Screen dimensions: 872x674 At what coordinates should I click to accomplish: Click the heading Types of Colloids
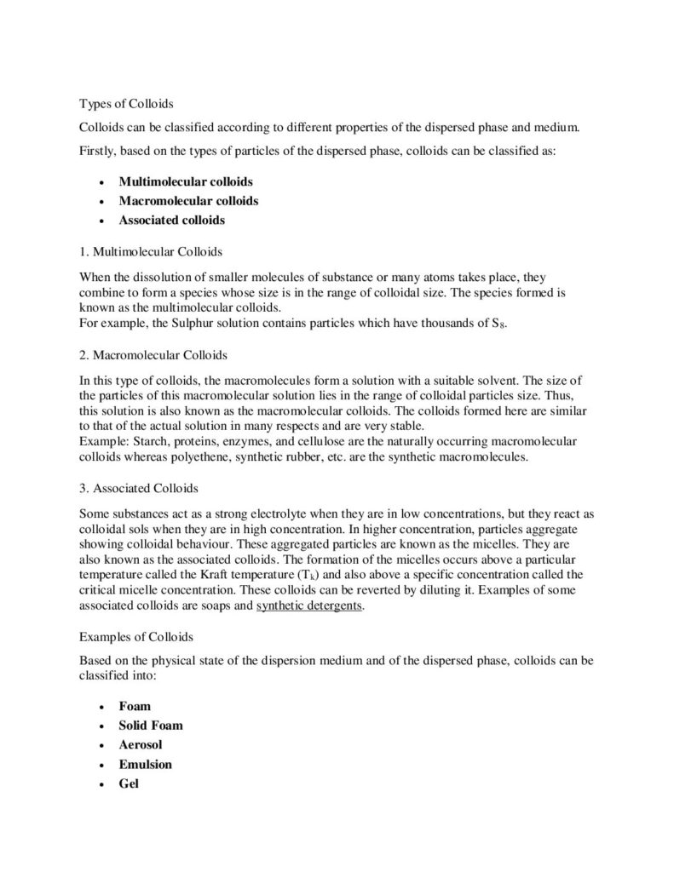[126, 104]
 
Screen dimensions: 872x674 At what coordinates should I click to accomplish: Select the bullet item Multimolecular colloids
[186, 181]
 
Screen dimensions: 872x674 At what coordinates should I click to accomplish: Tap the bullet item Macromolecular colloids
[188, 201]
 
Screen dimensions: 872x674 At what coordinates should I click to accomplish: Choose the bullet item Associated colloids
[172, 220]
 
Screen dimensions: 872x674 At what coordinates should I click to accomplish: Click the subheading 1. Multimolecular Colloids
[151, 252]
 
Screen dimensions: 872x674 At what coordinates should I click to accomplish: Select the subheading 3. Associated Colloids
[138, 490]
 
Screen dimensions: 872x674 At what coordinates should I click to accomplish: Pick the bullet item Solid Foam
[151, 726]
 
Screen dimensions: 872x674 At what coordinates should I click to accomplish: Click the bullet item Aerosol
[141, 744]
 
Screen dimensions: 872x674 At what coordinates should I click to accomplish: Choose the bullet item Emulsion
[145, 764]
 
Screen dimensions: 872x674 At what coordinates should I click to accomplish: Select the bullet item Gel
[129, 783]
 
